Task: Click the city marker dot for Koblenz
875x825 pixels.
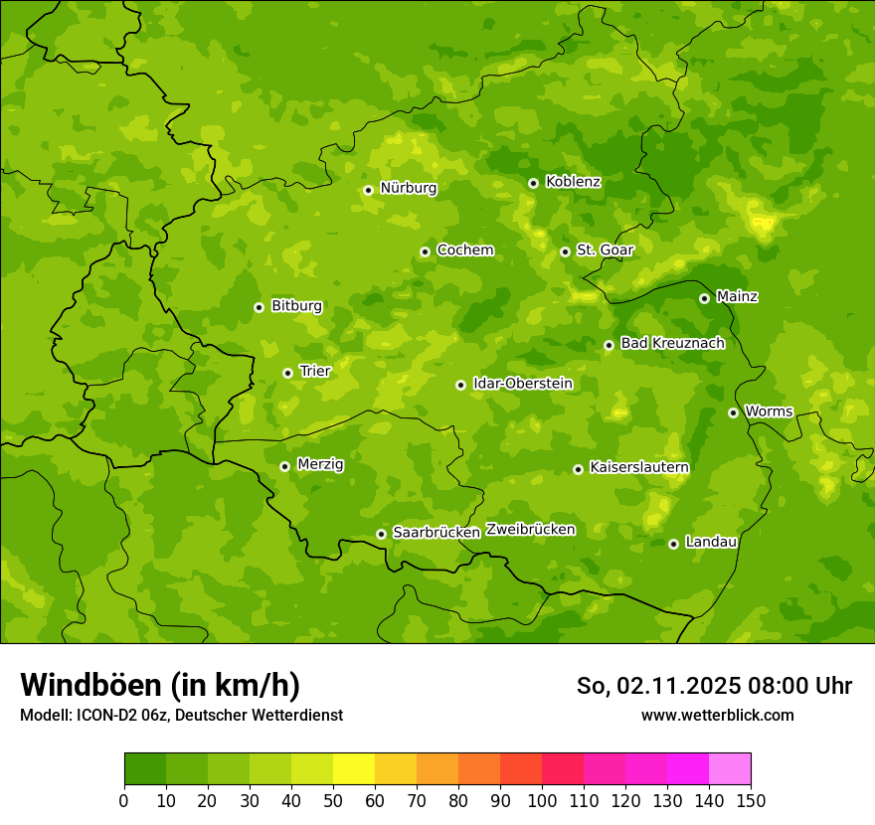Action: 534,183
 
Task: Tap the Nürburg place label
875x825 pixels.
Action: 408,188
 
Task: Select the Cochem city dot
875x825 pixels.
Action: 425,251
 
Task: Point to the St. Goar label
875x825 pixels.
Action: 605,250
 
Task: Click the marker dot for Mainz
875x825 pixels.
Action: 704,298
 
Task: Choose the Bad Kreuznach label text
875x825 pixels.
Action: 672,343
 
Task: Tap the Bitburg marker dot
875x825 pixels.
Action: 259,307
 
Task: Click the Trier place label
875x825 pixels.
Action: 314,371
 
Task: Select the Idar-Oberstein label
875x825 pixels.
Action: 522,384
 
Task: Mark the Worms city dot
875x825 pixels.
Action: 733,412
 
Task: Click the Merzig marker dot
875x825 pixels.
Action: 284,466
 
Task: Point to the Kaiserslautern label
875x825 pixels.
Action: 639,467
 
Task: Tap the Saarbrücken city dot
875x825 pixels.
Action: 381,534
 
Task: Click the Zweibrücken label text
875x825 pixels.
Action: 530,530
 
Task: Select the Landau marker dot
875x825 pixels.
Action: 673,544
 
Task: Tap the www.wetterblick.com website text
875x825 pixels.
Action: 717,715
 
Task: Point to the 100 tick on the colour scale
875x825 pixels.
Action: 542,800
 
